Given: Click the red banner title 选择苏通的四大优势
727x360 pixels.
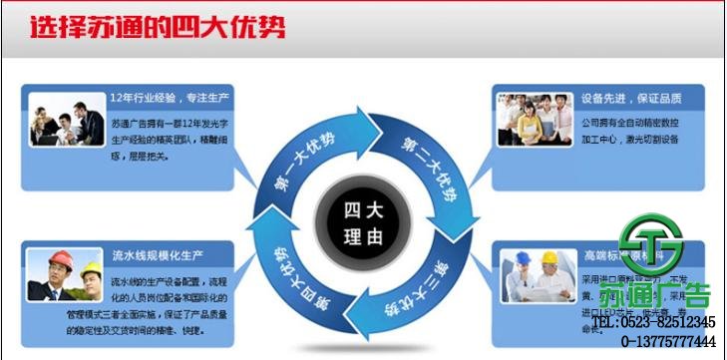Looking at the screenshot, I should pyautogui.click(x=157, y=28).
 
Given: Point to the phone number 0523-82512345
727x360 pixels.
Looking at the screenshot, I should pyautogui.click(x=667, y=322).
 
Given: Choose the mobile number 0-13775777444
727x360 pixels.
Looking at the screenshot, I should pyautogui.click(x=668, y=342).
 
